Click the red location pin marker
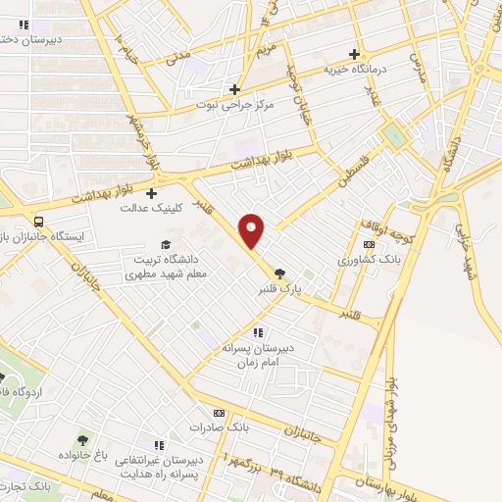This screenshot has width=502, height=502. click(x=252, y=229)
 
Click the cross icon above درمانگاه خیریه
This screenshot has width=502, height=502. click(x=355, y=54)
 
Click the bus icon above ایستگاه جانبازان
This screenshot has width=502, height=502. click(x=40, y=222)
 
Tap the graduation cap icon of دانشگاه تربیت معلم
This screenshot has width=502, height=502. click(x=167, y=244)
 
